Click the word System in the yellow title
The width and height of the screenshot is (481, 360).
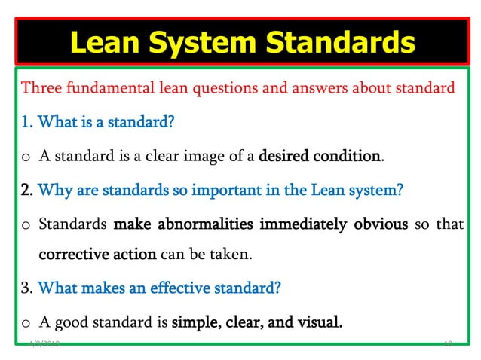coord(231,42)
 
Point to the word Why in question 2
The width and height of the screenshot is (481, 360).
coord(51,190)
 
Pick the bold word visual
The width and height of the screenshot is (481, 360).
coord(318,322)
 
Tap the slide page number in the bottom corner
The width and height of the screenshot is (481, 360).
coord(447,343)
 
